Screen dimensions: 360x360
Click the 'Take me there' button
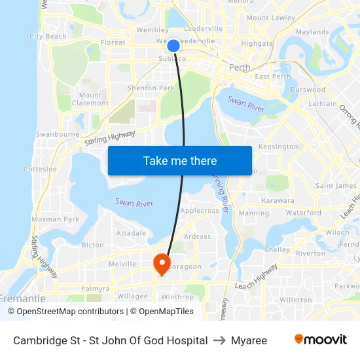point(180,160)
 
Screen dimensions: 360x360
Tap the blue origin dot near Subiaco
point(173,45)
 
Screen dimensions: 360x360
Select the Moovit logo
point(320,340)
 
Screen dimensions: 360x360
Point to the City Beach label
point(48,37)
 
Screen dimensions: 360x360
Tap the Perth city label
point(240,67)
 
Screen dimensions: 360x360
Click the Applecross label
point(200,211)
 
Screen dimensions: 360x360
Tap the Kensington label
point(278,147)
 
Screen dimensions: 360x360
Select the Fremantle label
point(23,298)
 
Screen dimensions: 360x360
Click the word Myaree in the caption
point(249,340)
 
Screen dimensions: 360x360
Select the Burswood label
point(307,90)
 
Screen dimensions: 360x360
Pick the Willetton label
point(295,300)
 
